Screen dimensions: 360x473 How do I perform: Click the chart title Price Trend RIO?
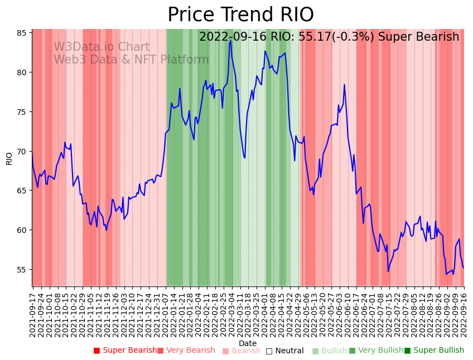click(x=240, y=15)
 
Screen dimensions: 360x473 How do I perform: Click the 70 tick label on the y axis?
click(x=21, y=152)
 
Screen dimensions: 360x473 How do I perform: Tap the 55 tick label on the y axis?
click(x=21, y=270)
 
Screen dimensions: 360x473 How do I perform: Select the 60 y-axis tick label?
click(x=21, y=230)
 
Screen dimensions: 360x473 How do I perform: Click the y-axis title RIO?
click(x=9, y=158)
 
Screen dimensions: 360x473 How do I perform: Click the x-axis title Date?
click(x=248, y=343)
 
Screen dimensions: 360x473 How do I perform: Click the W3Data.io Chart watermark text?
click(x=102, y=47)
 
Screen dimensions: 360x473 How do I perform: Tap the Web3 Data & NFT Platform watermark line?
click(x=131, y=60)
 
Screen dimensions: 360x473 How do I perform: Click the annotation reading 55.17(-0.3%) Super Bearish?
click(x=329, y=37)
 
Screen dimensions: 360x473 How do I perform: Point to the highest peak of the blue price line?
click(x=230, y=40)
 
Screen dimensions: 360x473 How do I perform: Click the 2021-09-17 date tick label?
click(x=32, y=312)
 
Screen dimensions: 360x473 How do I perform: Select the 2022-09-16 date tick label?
click(x=464, y=312)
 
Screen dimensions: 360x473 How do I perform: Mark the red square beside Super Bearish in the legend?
click(x=96, y=351)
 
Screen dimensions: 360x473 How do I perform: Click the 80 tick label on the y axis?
click(x=21, y=72)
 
